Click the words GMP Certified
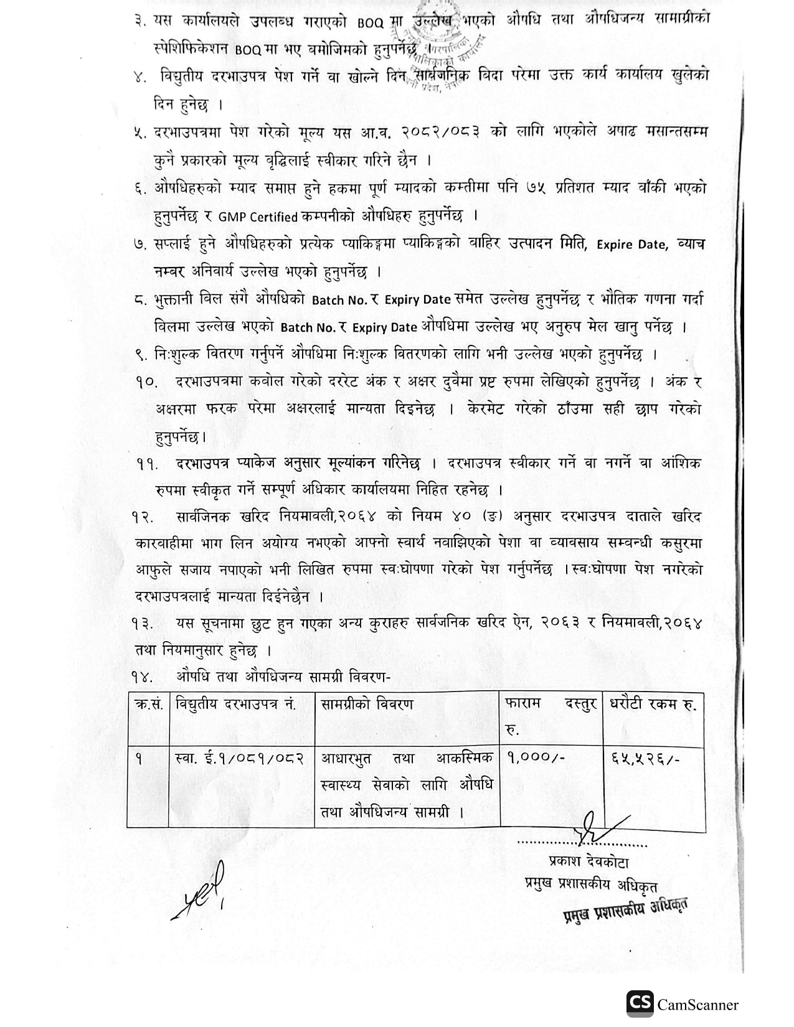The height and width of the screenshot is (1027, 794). pos(258,217)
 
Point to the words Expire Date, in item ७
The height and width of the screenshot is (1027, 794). pos(632,245)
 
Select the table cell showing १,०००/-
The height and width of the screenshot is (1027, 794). pos(536,759)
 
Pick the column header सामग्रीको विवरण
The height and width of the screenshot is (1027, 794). pos(367,705)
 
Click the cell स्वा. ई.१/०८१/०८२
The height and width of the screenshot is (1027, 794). pos(240,759)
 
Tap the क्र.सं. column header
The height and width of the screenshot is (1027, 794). pos(148,705)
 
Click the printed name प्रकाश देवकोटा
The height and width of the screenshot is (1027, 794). pos(588,863)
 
